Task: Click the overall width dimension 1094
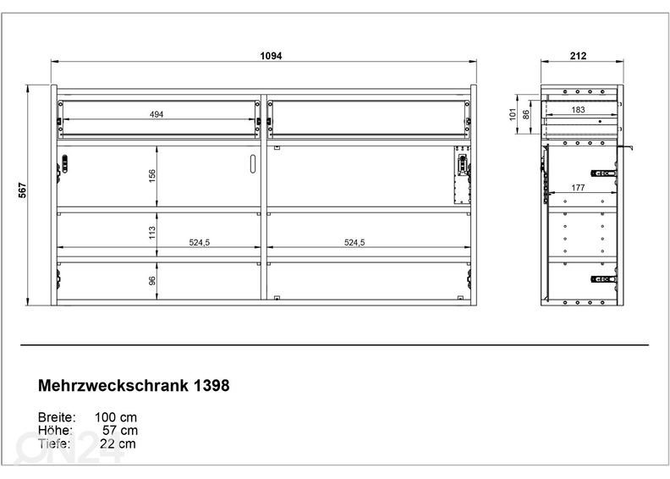271,56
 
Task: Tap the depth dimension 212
578,56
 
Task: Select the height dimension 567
23,190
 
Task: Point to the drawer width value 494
157,114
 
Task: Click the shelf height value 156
152,176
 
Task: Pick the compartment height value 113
152,233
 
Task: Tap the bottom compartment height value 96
152,281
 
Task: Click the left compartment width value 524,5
199,243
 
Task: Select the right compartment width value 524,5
354,243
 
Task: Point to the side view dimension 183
578,110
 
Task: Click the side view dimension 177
578,188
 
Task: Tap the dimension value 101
513,114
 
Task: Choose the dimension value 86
526,114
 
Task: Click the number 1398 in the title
211,385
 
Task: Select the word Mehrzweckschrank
113,385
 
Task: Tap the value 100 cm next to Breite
116,417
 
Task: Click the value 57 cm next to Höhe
120,430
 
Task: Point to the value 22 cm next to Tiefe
118,443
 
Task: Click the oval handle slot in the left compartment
252,164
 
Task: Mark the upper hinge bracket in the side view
603,173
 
